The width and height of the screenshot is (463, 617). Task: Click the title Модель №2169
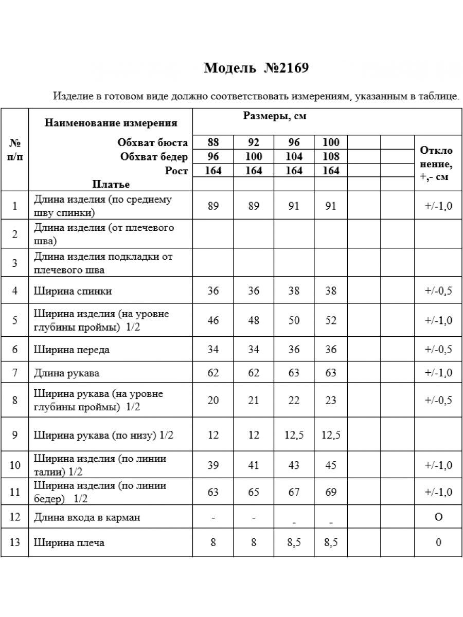(256, 68)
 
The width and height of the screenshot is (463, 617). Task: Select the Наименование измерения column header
(111, 123)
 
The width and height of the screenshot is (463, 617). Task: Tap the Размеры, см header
(274, 116)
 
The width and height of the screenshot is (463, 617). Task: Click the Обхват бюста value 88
(213, 143)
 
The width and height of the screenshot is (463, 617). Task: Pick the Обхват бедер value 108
(331, 157)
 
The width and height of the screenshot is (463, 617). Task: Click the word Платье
(111, 184)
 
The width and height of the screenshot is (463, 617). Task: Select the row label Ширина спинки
(73, 291)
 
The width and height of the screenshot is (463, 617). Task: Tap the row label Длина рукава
(66, 373)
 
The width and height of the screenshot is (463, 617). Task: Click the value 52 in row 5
(331, 320)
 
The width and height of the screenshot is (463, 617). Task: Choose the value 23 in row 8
(331, 401)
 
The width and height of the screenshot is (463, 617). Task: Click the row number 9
(15, 435)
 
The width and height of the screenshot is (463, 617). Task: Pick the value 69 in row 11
(331, 492)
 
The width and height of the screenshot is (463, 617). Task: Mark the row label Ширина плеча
(69, 542)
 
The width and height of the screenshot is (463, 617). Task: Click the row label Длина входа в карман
(86, 517)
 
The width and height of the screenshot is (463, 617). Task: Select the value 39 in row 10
(213, 465)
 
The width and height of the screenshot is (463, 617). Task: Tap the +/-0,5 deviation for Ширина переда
(438, 350)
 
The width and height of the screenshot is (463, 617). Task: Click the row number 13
(15, 542)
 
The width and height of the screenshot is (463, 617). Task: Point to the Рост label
(176, 171)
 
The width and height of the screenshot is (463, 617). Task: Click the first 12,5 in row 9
(294, 435)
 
